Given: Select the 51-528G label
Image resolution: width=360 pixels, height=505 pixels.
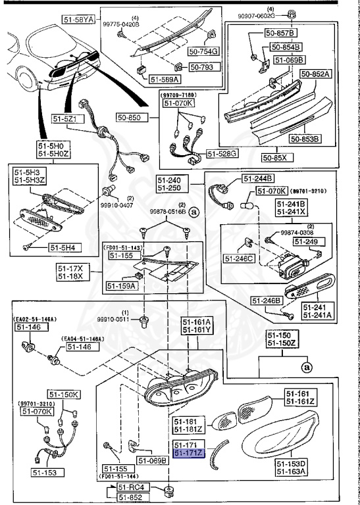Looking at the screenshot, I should coord(221,153).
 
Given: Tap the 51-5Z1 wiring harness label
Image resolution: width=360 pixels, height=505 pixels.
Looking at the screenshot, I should coord(64,119).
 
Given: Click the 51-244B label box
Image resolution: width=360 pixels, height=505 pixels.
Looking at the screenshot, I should coord(258,178).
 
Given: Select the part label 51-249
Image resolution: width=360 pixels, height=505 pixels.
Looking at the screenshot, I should coord(307,242).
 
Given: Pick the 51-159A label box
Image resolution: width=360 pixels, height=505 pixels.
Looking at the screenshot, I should coord(120,286).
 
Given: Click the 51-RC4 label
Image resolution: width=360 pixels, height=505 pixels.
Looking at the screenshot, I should coord(130,487).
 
